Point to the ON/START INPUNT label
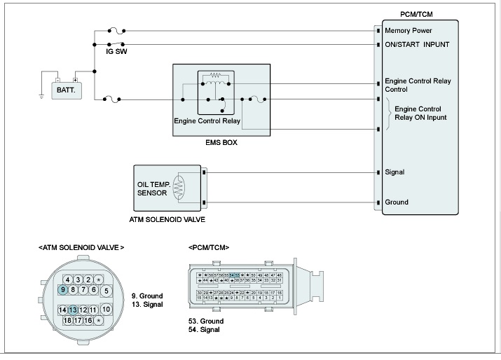[418, 44]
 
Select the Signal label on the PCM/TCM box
[394, 172]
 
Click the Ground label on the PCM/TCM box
[397, 202]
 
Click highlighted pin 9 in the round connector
[63, 289]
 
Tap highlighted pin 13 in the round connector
[73, 310]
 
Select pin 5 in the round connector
[106, 290]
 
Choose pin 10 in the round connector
[106, 309]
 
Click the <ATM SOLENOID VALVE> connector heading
[81, 248]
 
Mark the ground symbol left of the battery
[43, 96]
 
